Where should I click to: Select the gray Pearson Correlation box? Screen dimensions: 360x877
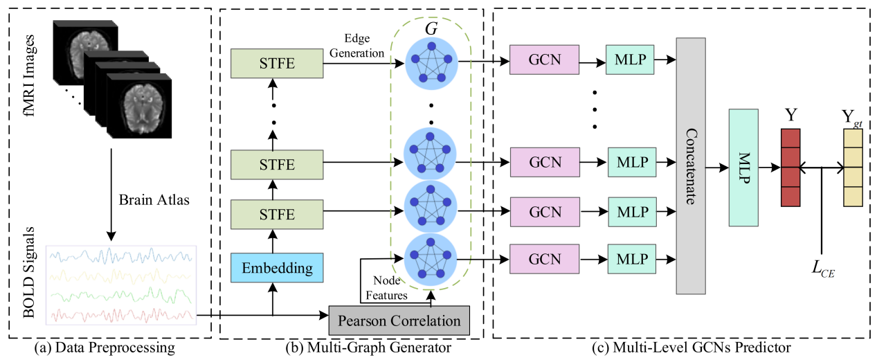[399, 321]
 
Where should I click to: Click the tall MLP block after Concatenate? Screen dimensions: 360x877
[744, 167]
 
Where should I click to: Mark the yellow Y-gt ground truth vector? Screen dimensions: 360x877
[853, 167]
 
